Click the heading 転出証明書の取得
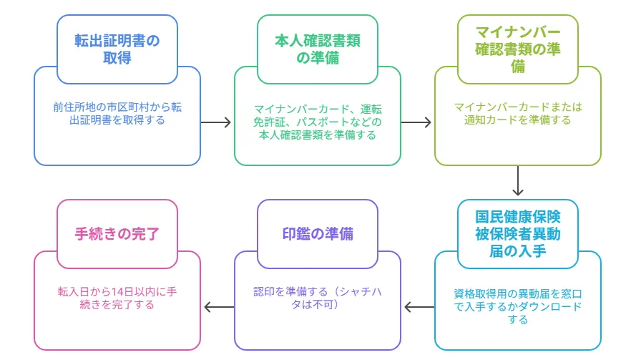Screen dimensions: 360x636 click(x=117, y=49)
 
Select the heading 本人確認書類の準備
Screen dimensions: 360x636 click(x=318, y=49)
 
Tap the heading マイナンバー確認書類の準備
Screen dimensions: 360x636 click(x=518, y=49)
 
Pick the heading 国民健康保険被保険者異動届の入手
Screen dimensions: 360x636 click(x=518, y=233)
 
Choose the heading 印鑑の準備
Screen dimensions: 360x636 click(x=318, y=234)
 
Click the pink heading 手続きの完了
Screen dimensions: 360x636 click(x=117, y=234)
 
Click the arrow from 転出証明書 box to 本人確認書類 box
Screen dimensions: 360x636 click(x=217, y=122)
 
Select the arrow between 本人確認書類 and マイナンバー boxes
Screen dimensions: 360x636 click(x=417, y=122)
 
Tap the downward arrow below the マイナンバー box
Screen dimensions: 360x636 click(x=519, y=182)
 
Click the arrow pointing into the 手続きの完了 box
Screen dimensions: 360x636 click(x=217, y=308)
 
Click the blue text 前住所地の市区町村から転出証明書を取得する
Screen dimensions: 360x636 click(x=117, y=114)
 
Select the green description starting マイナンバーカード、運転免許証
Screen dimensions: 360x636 click(x=318, y=122)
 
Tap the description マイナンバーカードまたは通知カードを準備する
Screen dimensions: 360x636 click(x=518, y=114)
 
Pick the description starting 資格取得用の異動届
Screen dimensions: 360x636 click(x=518, y=306)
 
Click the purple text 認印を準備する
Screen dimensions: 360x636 click(x=318, y=298)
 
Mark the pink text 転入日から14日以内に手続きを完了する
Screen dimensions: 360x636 click(x=117, y=298)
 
